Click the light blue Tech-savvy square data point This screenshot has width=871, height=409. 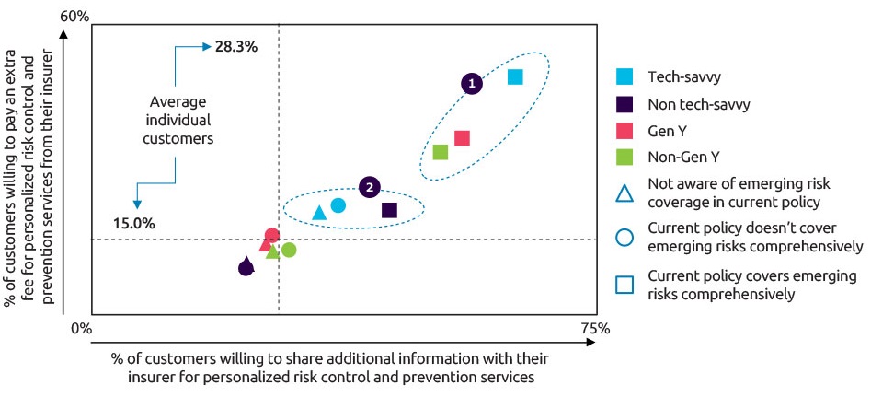[515, 76]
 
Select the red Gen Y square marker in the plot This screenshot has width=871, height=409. [462, 138]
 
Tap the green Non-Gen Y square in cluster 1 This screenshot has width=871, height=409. [441, 152]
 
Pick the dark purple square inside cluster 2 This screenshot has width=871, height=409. [389, 210]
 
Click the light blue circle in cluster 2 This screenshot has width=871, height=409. [338, 204]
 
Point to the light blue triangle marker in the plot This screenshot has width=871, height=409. [319, 214]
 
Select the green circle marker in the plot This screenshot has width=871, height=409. [289, 250]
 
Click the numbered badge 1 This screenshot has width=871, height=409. [472, 83]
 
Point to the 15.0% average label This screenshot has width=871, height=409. [134, 223]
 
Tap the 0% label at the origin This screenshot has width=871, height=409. [81, 328]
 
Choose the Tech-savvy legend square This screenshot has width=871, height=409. [624, 77]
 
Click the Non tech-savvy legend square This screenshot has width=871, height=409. [624, 104]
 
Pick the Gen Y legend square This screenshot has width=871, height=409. [624, 131]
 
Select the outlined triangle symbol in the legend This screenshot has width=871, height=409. [624, 193]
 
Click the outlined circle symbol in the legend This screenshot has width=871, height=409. [624, 237]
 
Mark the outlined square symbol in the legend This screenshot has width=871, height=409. [624, 285]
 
